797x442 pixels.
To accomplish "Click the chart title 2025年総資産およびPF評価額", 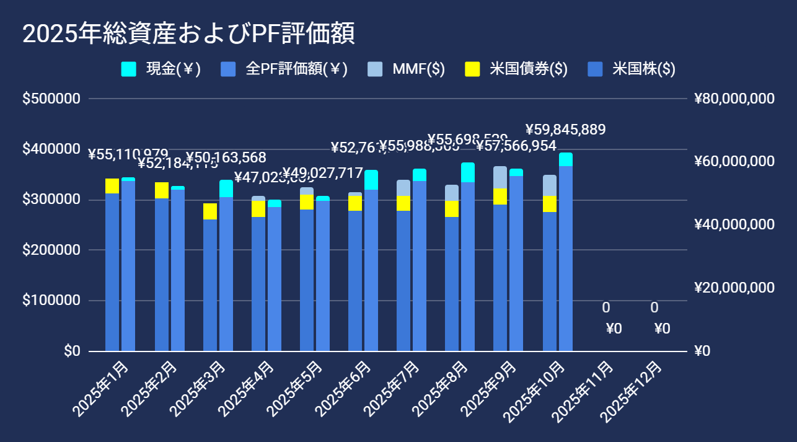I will click(188, 34).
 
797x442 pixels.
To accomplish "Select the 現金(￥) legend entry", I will click(162, 69).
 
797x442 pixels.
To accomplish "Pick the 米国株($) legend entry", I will click(632, 69).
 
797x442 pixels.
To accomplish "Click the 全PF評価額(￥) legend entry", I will click(284, 69).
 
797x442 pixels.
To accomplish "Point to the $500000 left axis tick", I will click(51, 99).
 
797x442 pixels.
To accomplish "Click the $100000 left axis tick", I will click(51, 301).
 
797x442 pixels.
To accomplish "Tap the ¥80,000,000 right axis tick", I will click(734, 99).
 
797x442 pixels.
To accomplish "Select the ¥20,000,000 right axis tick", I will click(734, 288).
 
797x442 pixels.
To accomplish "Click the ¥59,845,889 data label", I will click(565, 130).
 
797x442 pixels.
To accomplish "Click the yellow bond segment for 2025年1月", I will click(112, 186).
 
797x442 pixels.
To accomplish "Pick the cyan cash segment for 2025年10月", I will click(566, 159).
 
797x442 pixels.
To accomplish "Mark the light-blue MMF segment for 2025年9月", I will click(500, 177).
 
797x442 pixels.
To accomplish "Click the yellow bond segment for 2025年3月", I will click(210, 211).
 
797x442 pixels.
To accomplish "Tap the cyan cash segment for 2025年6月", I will click(371, 180).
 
